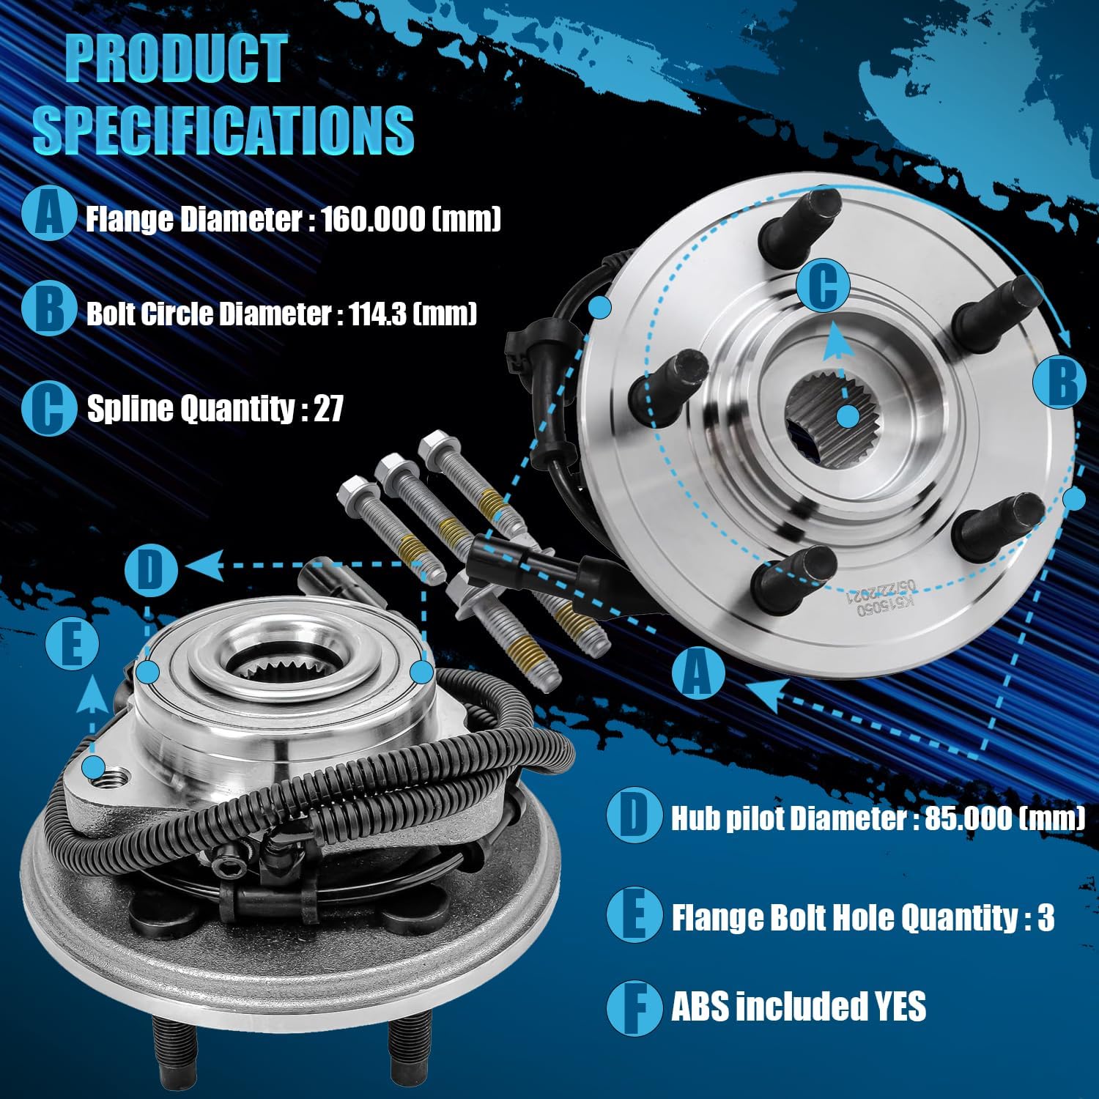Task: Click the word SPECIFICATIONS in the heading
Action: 223,130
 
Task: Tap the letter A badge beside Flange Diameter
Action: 48,213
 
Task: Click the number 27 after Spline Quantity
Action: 328,408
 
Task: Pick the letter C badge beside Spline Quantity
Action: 48,407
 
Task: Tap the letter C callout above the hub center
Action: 824,286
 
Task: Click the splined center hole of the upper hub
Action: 837,415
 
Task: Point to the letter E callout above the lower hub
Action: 72,644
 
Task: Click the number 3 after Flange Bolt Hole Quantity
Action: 1046,917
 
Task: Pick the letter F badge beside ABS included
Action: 633,1007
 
